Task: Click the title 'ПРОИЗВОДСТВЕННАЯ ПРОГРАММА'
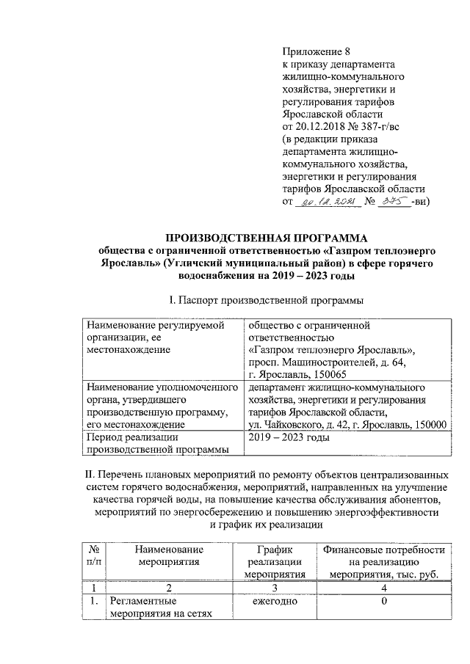[x=264, y=237]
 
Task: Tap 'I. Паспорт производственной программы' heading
[x=264, y=299]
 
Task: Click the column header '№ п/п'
[x=93, y=555]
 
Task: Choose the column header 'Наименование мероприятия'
[x=168, y=555]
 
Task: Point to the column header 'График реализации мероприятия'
[x=270, y=561]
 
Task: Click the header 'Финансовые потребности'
[x=383, y=549]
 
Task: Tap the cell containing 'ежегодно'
[x=270, y=602]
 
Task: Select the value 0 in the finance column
[x=383, y=602]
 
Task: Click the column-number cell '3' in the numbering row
[x=270, y=588]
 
